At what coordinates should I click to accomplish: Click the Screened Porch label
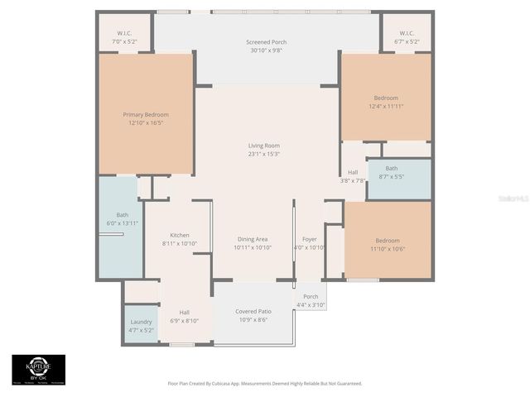click(266, 42)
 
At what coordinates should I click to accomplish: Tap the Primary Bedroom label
click(146, 114)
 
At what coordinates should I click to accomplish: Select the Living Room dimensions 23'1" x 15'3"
click(264, 154)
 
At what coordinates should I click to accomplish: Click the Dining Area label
click(252, 238)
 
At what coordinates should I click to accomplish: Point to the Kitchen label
click(179, 235)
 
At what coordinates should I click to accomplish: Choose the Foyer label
click(309, 238)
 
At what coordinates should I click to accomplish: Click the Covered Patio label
click(253, 311)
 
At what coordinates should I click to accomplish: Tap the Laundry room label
click(141, 321)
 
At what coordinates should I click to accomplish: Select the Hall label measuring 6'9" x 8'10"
click(184, 312)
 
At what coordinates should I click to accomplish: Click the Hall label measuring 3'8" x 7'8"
click(353, 172)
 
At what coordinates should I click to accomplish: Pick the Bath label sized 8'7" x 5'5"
click(391, 168)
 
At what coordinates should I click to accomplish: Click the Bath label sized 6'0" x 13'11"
click(122, 215)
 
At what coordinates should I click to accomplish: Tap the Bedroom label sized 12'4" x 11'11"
click(386, 98)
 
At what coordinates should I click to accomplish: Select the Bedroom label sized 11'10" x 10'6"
click(386, 241)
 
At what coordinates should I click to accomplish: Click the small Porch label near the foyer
click(311, 297)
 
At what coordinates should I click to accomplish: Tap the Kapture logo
click(38, 369)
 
